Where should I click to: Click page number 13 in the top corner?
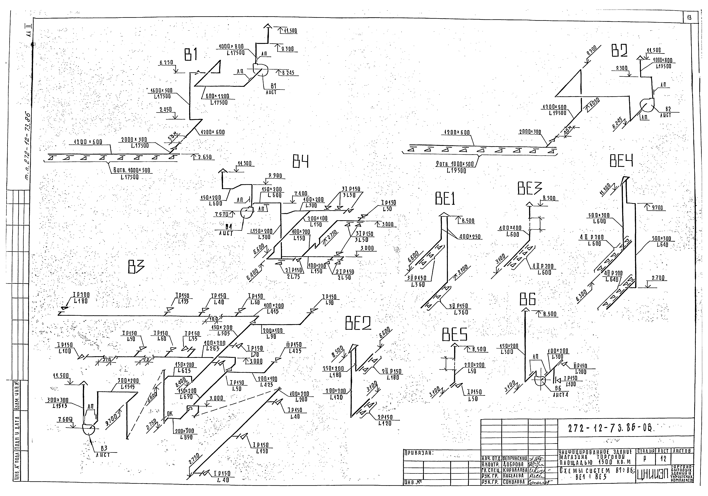[689, 18]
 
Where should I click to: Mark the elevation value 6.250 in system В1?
[166, 63]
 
